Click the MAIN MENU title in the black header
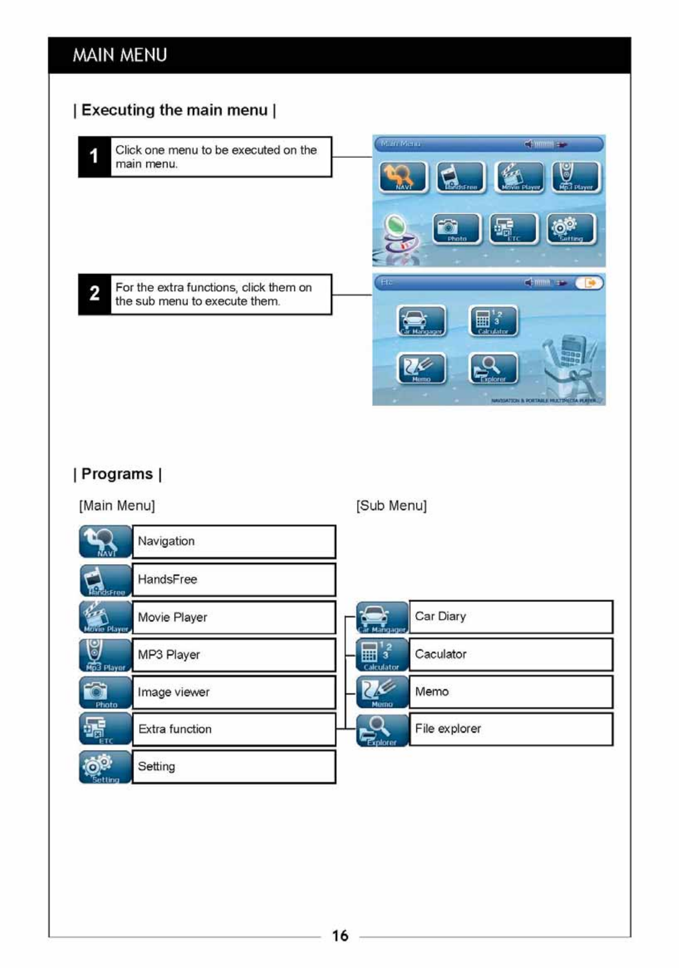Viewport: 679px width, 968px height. pos(120,55)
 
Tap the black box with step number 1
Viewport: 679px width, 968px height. pos(94,157)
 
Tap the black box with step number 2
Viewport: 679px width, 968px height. pos(94,294)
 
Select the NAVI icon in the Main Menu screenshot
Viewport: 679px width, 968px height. pos(403,177)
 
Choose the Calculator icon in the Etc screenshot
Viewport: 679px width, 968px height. pos(493,321)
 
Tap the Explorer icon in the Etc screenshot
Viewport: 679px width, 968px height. pos(493,369)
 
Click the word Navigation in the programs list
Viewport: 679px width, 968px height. pos(166,541)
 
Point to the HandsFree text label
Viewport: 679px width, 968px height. pos(167,579)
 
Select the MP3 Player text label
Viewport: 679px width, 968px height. pos(169,654)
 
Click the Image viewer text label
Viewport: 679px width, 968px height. pos(173,692)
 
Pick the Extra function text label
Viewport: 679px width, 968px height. pos(175,729)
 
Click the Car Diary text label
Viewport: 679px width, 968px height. pos(440,616)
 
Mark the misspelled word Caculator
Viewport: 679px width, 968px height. pos(441,654)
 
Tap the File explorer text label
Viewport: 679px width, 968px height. pos(447,729)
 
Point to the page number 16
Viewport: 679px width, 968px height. pos(340,936)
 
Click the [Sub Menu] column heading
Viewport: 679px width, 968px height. pos(391,505)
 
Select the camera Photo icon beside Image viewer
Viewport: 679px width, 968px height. pos(105,692)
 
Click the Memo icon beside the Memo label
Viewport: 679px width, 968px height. pos(382,692)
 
